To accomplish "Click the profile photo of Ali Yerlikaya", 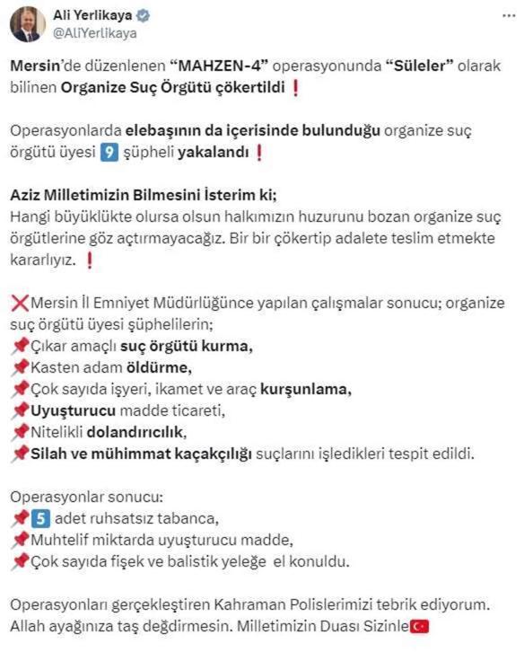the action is coord(28,24).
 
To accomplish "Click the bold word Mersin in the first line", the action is coord(33,66).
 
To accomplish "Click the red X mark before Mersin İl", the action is coord(20,304).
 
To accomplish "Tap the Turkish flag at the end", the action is coord(418,627).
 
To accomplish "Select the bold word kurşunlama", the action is coord(306,390).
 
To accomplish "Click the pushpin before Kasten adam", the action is coord(20,368).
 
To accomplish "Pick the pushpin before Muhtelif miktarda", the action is coord(20,541).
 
